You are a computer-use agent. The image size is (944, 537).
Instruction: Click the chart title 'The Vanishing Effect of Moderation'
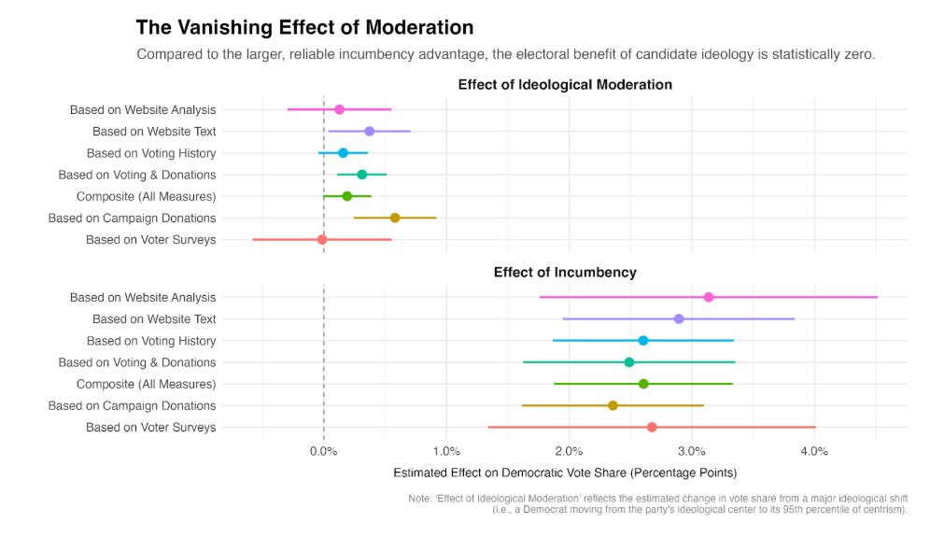tap(304, 28)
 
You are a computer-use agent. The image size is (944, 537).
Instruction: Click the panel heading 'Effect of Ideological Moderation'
tap(565, 85)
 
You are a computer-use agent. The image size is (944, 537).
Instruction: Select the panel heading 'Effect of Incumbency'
tap(565, 273)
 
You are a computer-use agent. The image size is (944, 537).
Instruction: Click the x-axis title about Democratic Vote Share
tap(565, 473)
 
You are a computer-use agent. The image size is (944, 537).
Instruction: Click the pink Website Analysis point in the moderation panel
tap(339, 110)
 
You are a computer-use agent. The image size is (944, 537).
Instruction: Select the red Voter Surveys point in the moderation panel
tap(322, 240)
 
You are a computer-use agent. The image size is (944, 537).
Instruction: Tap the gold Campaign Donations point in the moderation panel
tap(395, 218)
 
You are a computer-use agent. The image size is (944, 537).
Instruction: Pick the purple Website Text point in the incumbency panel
tap(679, 319)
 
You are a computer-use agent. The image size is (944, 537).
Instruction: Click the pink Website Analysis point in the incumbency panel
tap(709, 297)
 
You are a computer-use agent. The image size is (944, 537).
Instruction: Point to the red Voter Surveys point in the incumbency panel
tap(652, 428)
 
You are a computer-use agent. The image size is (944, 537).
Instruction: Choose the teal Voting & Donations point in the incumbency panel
tap(629, 362)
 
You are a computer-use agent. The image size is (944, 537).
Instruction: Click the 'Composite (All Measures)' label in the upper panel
tap(146, 196)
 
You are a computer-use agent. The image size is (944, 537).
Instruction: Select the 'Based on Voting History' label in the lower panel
tap(151, 341)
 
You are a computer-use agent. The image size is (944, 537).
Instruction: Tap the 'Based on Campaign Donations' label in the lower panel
tap(132, 405)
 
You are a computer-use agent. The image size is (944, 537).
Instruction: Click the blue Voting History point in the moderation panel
tap(343, 153)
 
